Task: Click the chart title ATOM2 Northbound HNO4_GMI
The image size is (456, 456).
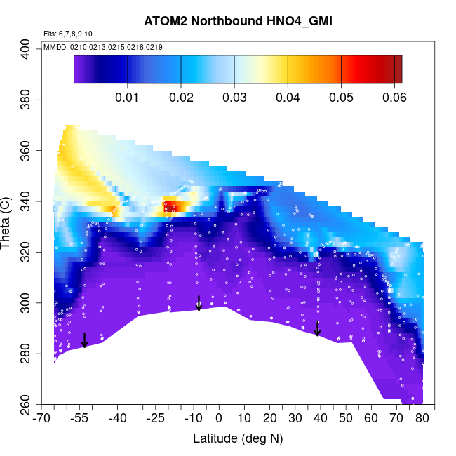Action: coord(238,21)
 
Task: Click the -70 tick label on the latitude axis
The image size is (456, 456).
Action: coord(42,419)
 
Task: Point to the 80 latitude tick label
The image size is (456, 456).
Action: coord(422,419)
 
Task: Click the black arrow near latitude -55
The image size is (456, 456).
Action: coord(84,340)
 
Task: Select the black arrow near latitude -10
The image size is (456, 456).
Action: coord(199,303)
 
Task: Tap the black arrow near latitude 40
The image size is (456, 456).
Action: coord(318,328)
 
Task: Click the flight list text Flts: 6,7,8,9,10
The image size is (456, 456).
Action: coord(68,34)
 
